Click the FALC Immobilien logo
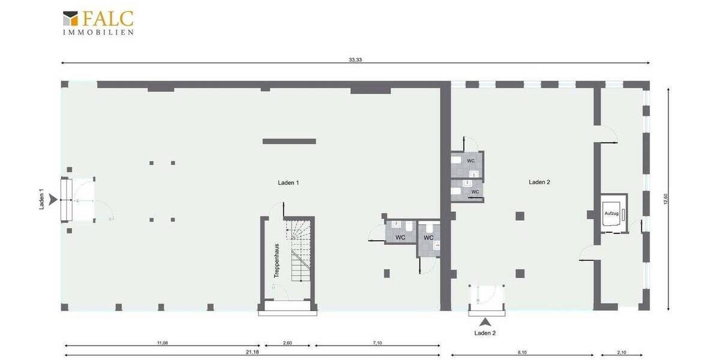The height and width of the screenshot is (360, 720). (x=98, y=23)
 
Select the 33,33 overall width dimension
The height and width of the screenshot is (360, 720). (x=355, y=59)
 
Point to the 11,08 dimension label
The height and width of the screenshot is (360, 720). (x=162, y=343)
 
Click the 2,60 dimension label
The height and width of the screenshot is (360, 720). (x=287, y=343)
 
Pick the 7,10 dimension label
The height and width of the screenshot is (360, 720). (x=377, y=343)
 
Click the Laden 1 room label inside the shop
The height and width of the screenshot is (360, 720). (x=288, y=182)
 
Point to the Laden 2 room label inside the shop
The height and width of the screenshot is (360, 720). (x=539, y=182)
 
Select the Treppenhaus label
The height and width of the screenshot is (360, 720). (x=277, y=260)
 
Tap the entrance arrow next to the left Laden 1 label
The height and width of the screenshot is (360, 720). (x=53, y=200)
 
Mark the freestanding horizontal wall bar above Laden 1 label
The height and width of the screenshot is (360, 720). (x=289, y=141)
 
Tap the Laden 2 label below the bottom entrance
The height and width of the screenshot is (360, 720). (x=485, y=333)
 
